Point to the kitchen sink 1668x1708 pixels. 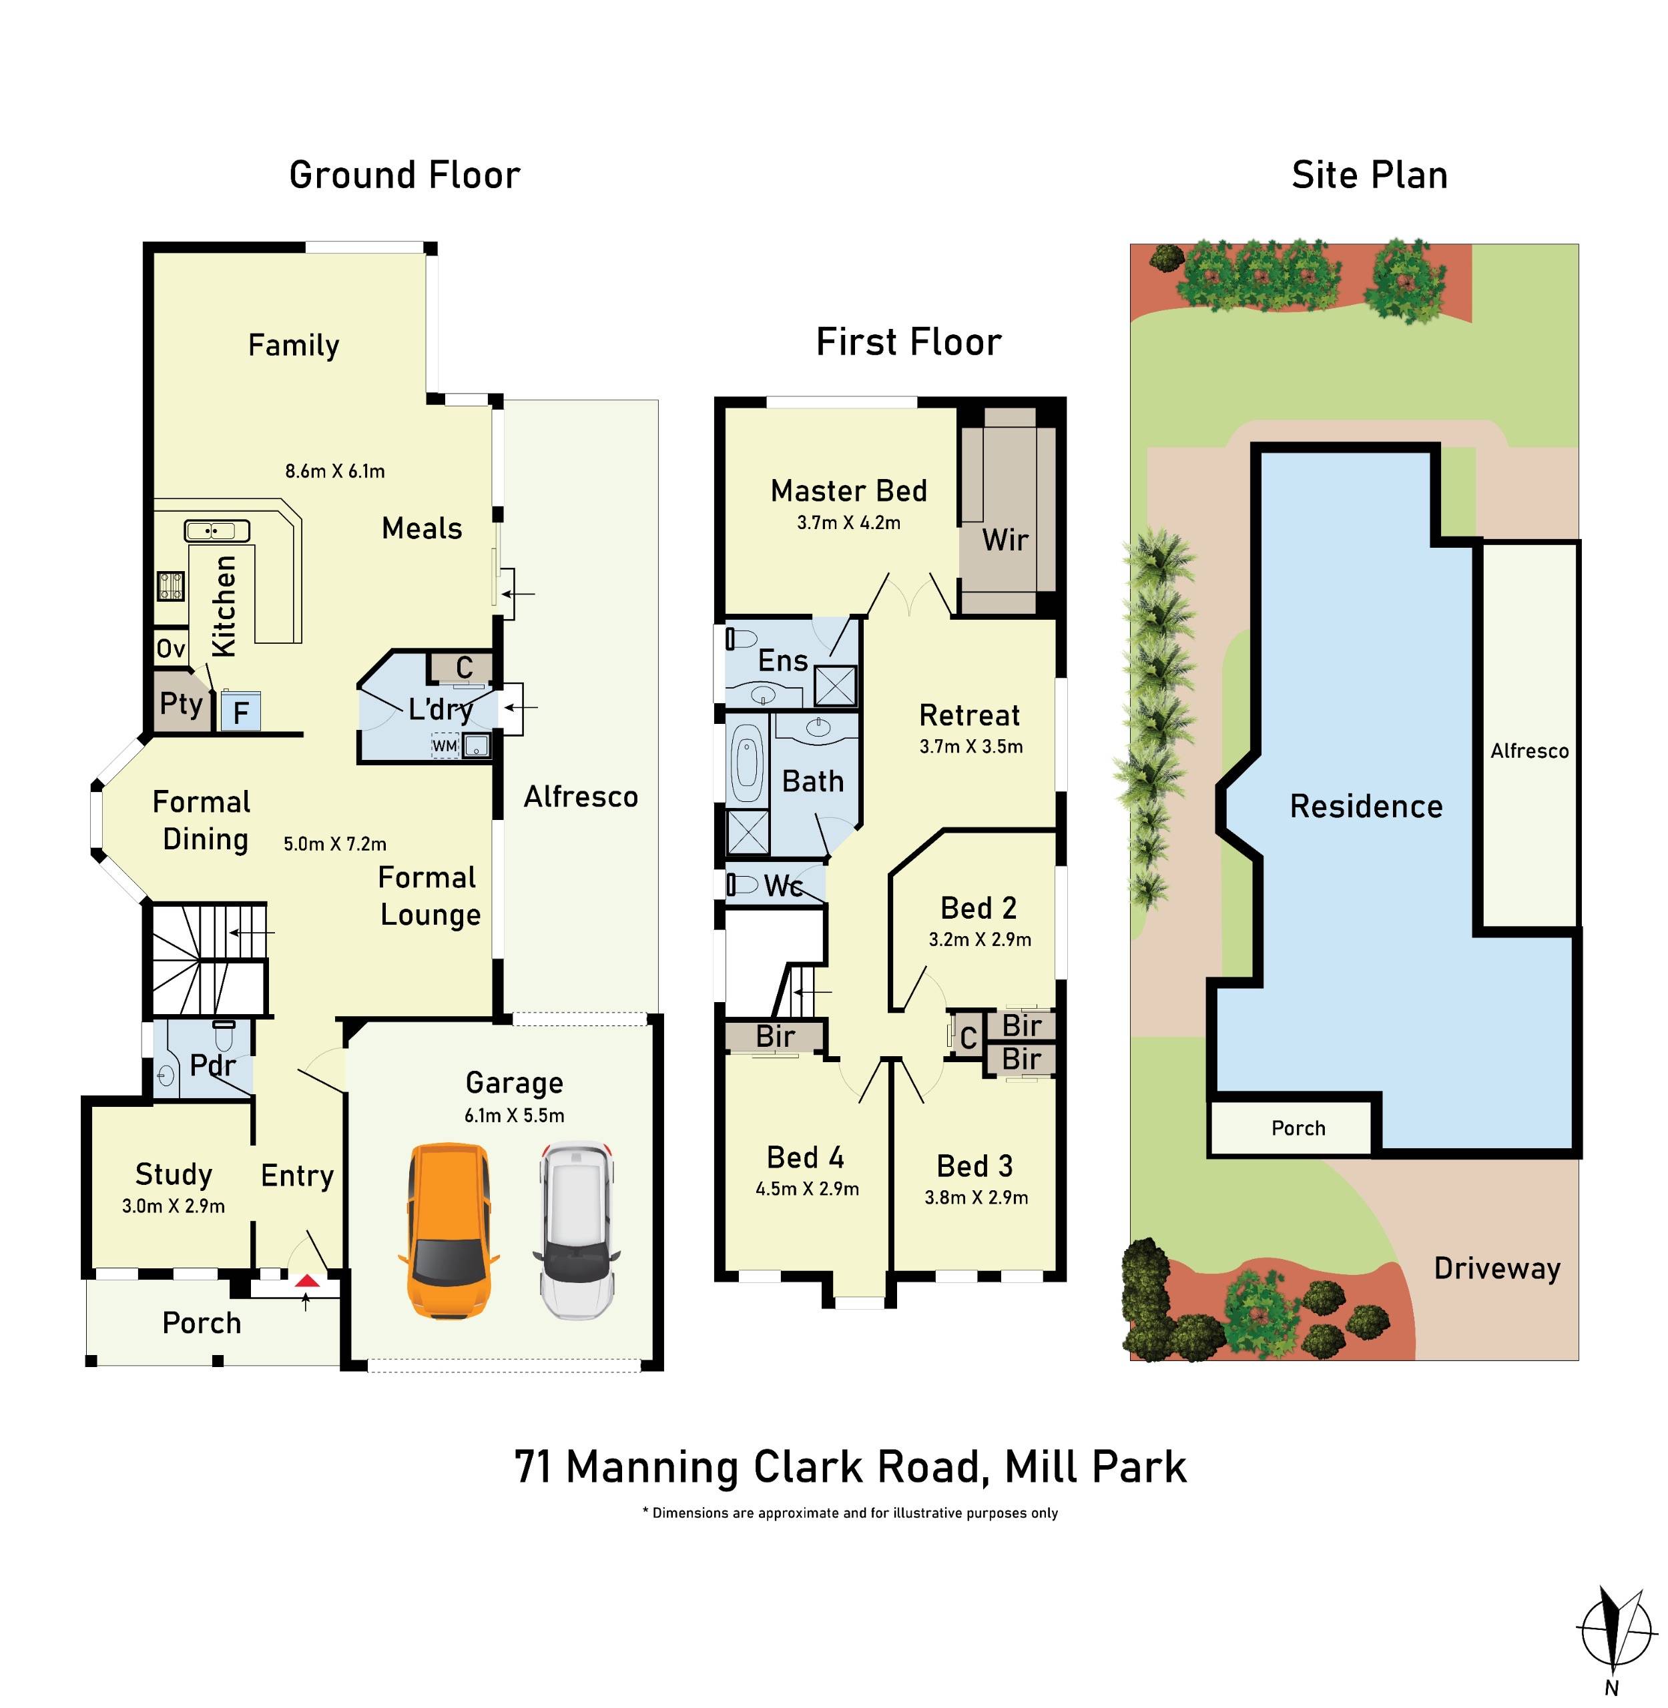pos(216,531)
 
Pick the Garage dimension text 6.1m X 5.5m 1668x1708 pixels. pos(514,1115)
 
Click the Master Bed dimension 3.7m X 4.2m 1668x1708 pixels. pos(848,523)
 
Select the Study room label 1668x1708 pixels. pos(174,1174)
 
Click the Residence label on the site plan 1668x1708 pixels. pos(1366,806)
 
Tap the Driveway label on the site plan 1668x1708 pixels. pos(1496,1268)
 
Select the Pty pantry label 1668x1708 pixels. pos(182,703)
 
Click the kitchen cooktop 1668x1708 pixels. pos(170,585)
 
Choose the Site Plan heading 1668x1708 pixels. pos(1368,175)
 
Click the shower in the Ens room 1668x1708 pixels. pos(835,686)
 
